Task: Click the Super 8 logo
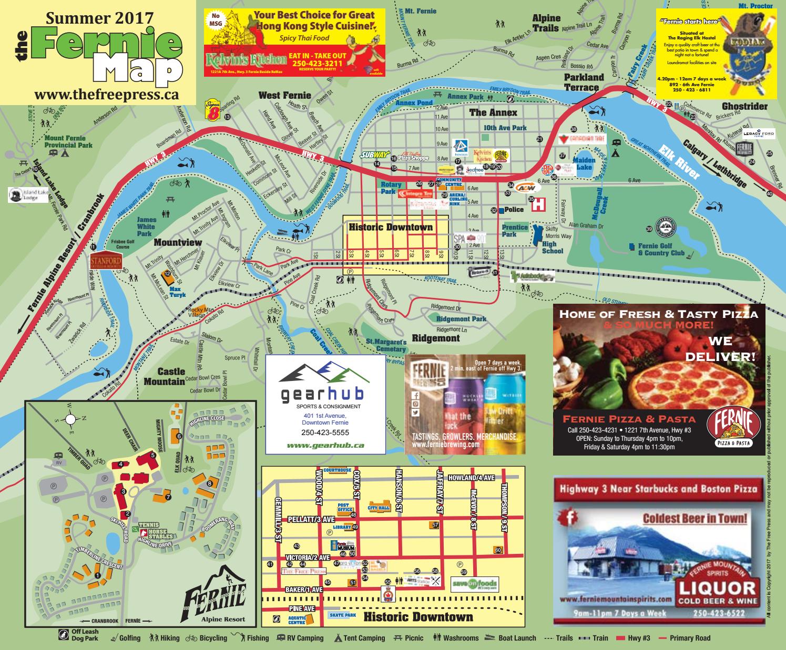coord(211,109)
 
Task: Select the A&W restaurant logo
coord(524,187)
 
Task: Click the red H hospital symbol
coord(537,205)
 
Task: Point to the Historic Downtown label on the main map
coord(391,228)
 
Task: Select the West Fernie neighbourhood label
coord(284,96)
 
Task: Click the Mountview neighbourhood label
coord(178,242)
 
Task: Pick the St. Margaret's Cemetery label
coord(386,345)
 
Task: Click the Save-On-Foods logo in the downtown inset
coord(474,584)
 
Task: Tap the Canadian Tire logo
coord(583,139)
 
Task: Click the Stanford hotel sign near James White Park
coord(106,261)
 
